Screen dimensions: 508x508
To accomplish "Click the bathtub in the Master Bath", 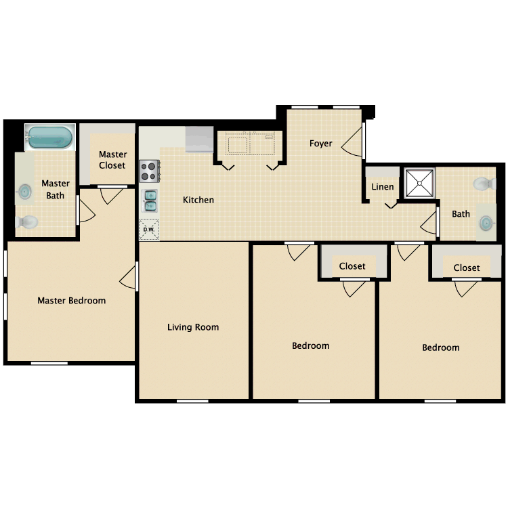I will [x=49, y=137].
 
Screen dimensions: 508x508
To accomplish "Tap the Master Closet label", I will [x=112, y=160].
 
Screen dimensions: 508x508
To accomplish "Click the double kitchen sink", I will [x=150, y=200].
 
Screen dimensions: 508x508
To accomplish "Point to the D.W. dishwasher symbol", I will [x=148, y=230].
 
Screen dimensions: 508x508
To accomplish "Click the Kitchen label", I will [x=198, y=200].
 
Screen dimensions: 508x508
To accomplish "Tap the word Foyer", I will [x=321, y=144].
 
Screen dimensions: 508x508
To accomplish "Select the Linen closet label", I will [x=383, y=187].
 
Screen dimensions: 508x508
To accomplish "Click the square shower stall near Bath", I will [x=420, y=183].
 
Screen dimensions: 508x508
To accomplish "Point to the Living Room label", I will [x=193, y=327].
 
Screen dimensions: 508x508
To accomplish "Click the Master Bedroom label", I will [x=71, y=301].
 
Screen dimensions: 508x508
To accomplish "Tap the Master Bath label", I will [x=56, y=190].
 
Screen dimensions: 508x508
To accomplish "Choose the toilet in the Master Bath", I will [x=27, y=221].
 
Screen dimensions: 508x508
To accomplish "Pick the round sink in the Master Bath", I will [x=25, y=192].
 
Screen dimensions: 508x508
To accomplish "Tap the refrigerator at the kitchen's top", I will [x=199, y=139].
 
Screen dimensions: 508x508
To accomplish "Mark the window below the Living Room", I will [x=192, y=401].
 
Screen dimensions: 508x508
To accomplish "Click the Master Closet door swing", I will [x=110, y=196].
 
